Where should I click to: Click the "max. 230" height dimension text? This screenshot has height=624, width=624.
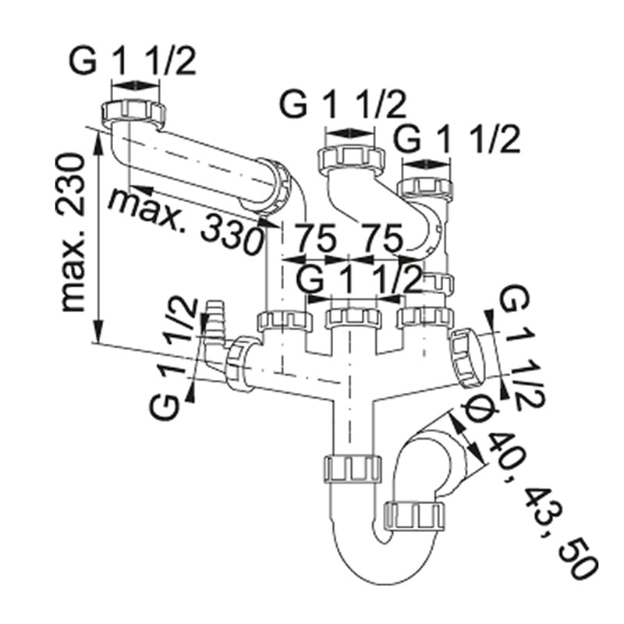(x=73, y=232)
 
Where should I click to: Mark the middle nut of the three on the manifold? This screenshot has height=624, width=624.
(x=353, y=318)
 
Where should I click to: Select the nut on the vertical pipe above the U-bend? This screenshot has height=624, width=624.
(x=352, y=467)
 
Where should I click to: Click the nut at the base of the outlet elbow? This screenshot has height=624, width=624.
(x=415, y=516)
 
